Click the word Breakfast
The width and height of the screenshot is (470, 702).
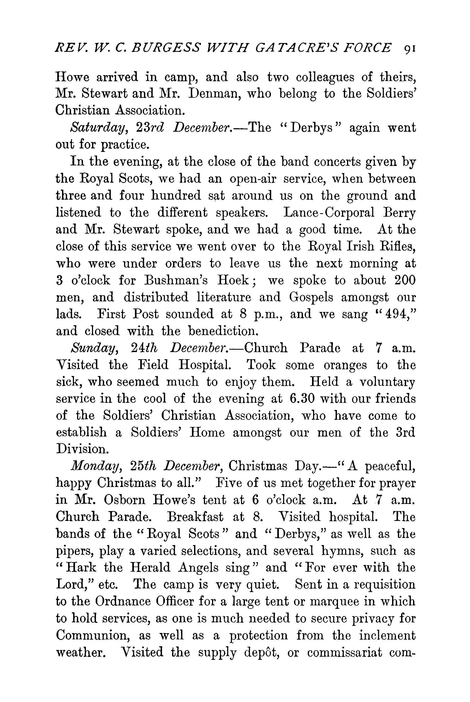[x=195, y=517]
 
